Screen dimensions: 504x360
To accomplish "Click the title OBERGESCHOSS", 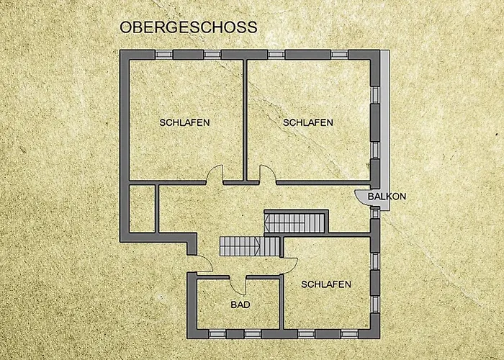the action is click(x=189, y=27).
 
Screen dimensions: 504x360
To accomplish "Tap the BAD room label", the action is click(x=240, y=305).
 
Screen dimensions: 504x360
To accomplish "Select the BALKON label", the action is click(x=387, y=197).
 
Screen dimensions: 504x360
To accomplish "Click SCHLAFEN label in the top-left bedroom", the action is click(x=184, y=122).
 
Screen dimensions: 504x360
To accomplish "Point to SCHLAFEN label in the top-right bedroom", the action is click(x=308, y=122).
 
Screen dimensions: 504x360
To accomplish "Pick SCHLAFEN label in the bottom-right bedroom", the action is click(x=326, y=284).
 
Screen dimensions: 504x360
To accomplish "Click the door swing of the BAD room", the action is click(x=238, y=285).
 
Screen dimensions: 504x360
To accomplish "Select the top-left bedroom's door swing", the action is click(x=215, y=174).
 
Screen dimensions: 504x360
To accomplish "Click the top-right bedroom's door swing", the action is click(x=268, y=174).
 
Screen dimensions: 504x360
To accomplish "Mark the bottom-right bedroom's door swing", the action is click(x=289, y=265).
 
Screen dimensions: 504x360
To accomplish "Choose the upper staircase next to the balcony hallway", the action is click(x=294, y=223).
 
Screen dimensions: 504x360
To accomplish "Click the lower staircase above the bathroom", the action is click(x=250, y=246).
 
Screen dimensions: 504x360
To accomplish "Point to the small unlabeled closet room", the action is click(x=142, y=208).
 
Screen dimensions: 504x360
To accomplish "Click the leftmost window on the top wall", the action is click(x=164, y=54).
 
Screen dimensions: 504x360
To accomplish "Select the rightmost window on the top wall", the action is click(x=339, y=54).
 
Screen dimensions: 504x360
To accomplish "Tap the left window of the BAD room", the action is click(x=217, y=334).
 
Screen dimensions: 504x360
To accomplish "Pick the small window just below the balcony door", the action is click(x=375, y=213).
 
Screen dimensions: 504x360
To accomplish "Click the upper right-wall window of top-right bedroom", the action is click(x=375, y=95).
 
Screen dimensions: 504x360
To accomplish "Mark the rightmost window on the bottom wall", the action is click(x=349, y=334).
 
